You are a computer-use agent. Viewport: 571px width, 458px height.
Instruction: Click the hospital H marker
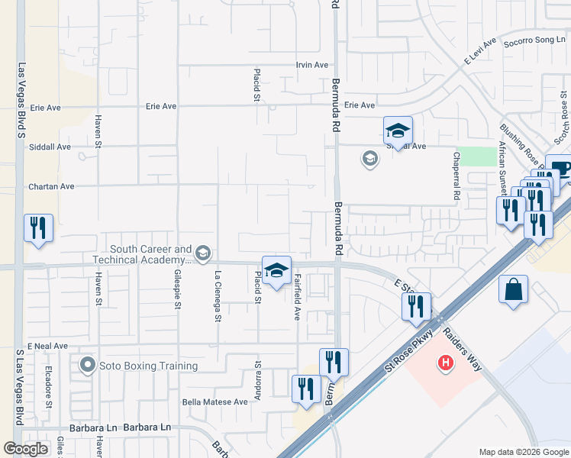pyautogui.click(x=445, y=364)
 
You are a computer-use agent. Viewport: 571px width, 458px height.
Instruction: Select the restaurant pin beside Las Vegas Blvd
pyautogui.click(x=38, y=228)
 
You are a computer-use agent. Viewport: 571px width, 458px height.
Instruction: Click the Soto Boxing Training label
pyautogui.click(x=147, y=366)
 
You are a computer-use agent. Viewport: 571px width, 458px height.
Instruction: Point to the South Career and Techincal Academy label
pyautogui.click(x=151, y=254)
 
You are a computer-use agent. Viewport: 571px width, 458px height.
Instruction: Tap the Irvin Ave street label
pyautogui.click(x=312, y=65)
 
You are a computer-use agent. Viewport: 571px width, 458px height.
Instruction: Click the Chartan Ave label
pyautogui.click(x=51, y=186)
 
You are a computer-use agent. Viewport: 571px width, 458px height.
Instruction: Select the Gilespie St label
pyautogui.click(x=177, y=293)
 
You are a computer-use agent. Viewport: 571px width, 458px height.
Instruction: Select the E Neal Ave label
pyautogui.click(x=49, y=347)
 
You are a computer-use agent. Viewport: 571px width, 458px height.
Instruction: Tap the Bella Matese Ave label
pyautogui.click(x=215, y=402)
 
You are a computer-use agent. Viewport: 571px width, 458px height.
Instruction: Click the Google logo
pyautogui.click(x=26, y=449)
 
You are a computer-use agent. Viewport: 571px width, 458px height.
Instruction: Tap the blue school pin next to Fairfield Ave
pyautogui.click(x=276, y=269)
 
